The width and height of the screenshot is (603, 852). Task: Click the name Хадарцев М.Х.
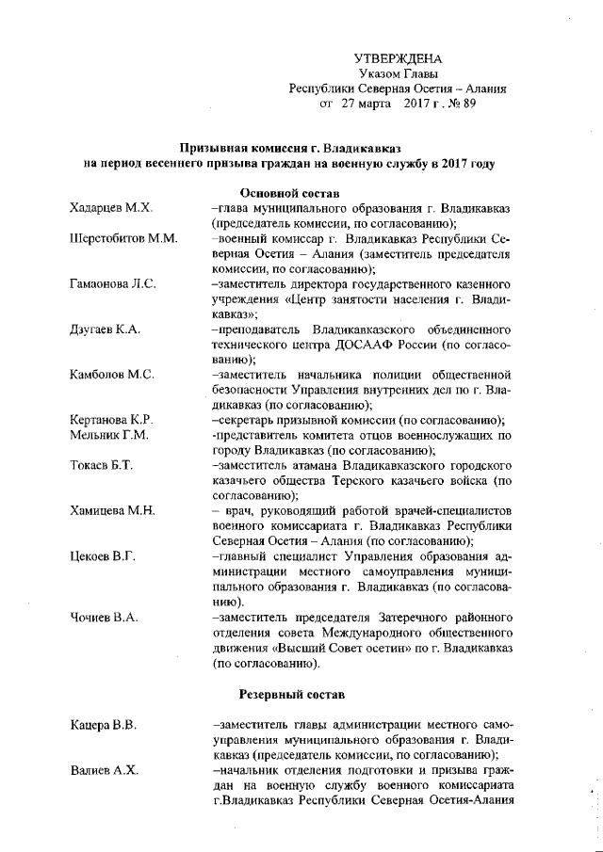(112, 208)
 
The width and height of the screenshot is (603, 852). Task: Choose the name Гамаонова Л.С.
(113, 282)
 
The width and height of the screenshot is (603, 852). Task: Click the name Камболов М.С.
(112, 374)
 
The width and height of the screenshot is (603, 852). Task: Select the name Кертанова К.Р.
(112, 419)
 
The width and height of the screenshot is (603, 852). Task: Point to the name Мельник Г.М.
(109, 434)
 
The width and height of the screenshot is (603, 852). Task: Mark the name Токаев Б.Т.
(102, 464)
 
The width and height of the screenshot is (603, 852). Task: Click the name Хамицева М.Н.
(112, 510)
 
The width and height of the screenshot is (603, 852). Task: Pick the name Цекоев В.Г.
(104, 555)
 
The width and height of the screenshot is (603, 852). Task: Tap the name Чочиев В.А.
(105, 617)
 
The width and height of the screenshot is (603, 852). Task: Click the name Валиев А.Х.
(104, 770)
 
